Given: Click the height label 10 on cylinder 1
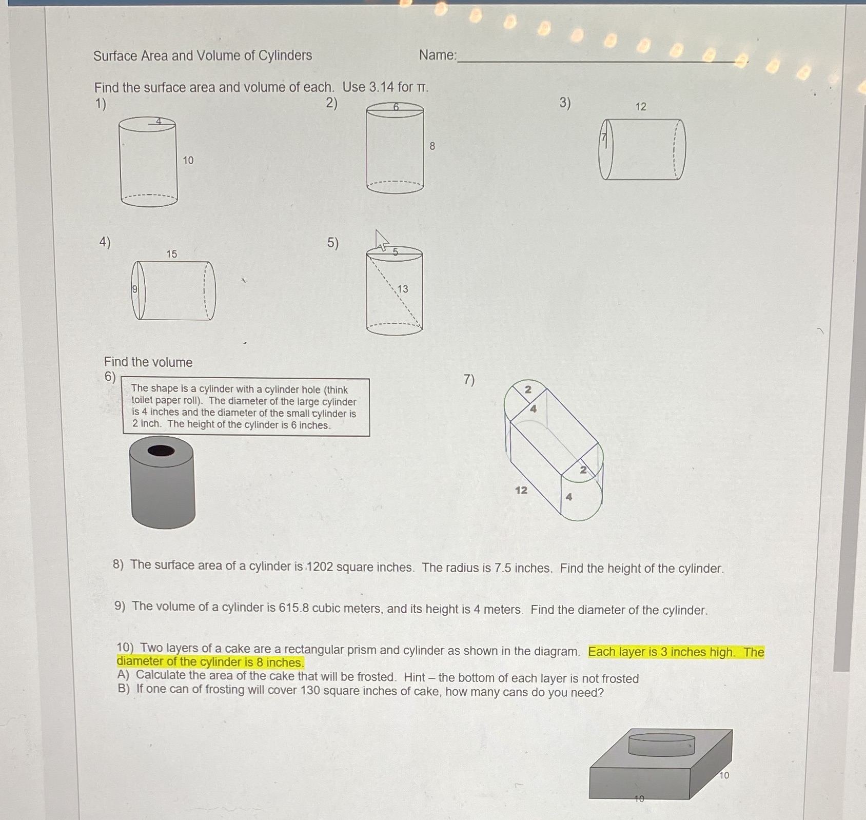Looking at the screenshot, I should [188, 161].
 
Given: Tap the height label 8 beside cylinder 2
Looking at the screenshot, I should [432, 146].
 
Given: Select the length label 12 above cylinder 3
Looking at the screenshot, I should [641, 107].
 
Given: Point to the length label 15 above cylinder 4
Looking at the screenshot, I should [171, 254].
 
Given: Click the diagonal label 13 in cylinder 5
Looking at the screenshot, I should [403, 289].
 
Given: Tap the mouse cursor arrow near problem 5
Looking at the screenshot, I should [381, 240].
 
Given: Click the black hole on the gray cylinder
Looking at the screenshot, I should [161, 451].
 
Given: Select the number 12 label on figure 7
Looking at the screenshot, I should [521, 491].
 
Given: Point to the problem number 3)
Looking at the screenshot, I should [565, 103].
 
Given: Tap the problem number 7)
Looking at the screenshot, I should [469, 379].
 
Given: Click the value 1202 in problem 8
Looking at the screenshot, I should [320, 567].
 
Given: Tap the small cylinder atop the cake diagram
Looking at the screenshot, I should [661, 744].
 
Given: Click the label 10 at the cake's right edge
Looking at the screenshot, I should [723, 775].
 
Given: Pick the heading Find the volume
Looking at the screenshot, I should [148, 362].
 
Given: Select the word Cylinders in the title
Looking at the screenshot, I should [285, 55].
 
